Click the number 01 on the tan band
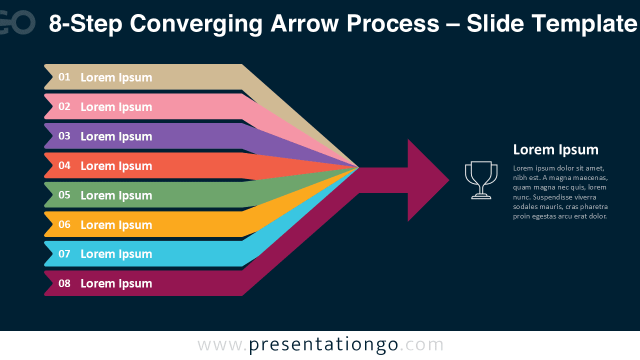pos(64,77)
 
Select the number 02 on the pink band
pos(64,106)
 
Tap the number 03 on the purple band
pos(64,136)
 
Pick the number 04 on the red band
pos(64,165)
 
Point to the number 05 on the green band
pos(64,195)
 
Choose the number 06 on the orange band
pos(64,224)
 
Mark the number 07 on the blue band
pos(64,254)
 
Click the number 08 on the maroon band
pos(64,283)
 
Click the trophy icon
pos(481,180)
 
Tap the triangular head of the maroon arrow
pos(425,180)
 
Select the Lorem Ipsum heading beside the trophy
pos(555,149)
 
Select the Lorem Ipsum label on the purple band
pos(116,136)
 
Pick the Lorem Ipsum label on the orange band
pos(116,225)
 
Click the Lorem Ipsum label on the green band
pos(116,195)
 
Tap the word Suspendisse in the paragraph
pos(552,197)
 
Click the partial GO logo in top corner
pos(17,22)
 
